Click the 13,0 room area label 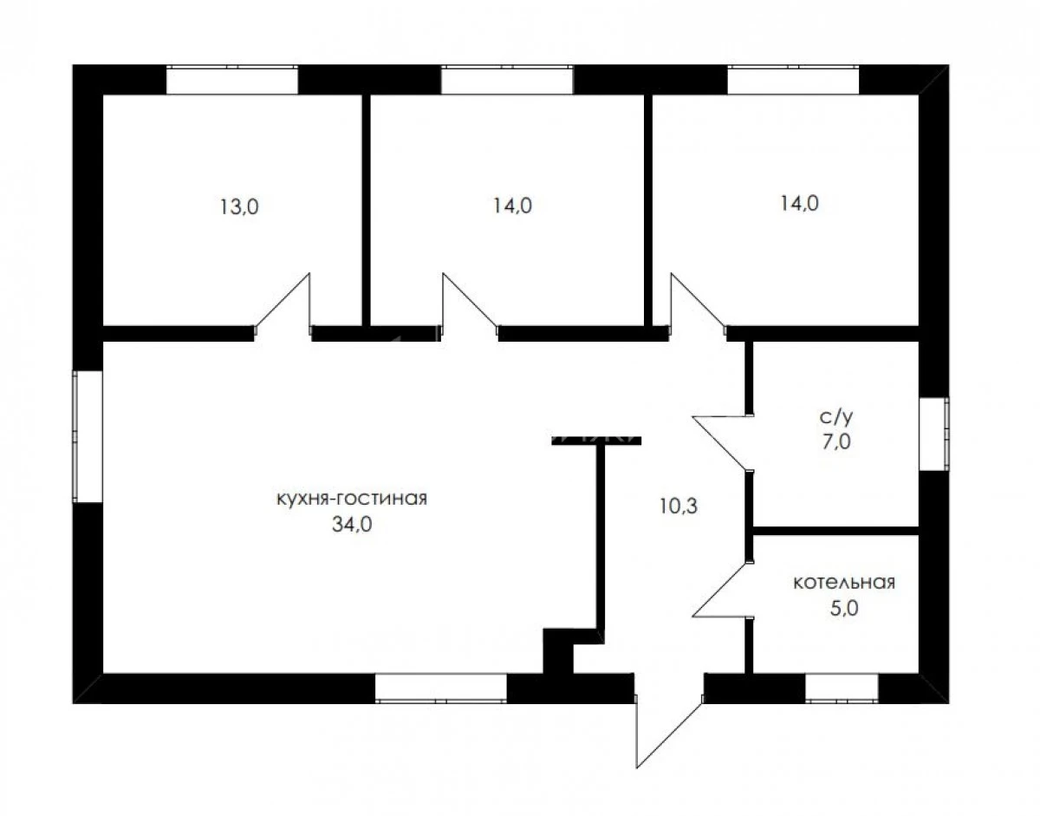pyautogui.click(x=239, y=207)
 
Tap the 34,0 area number pyautogui.click(x=352, y=525)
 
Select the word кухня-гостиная pyautogui.click(x=352, y=499)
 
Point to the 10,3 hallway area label pyautogui.click(x=679, y=506)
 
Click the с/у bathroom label pyautogui.click(x=836, y=418)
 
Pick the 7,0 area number pyautogui.click(x=836, y=441)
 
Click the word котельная pyautogui.click(x=844, y=584)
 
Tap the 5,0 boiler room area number pyautogui.click(x=844, y=608)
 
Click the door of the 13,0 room pyautogui.click(x=283, y=304)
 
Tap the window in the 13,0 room pyautogui.click(x=232, y=80)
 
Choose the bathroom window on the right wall pyautogui.click(x=933, y=434)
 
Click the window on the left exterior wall pyautogui.click(x=88, y=437)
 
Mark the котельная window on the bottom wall pyautogui.click(x=842, y=689)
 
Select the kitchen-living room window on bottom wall pyautogui.click(x=441, y=689)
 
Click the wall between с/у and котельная pyautogui.click(x=835, y=531)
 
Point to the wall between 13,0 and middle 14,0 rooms pyautogui.click(x=366, y=211)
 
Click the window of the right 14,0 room pyautogui.click(x=793, y=80)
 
